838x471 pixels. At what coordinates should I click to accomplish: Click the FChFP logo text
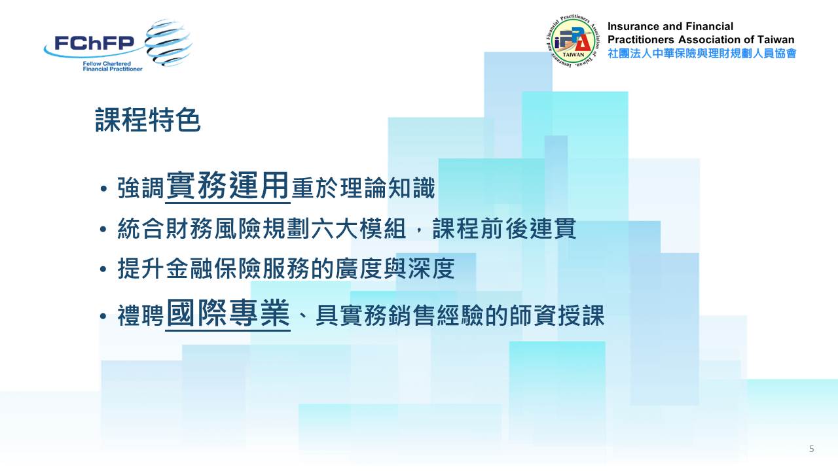click(x=94, y=43)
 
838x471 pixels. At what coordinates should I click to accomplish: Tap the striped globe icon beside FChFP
click(x=168, y=43)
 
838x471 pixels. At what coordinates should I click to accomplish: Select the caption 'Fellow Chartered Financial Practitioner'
click(x=113, y=66)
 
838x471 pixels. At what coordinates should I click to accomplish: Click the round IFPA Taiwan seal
click(x=573, y=41)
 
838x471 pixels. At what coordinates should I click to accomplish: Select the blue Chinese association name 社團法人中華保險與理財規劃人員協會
click(x=702, y=54)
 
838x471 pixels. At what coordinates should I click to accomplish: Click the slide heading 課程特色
click(x=148, y=120)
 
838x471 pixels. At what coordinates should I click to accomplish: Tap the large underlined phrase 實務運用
click(x=227, y=186)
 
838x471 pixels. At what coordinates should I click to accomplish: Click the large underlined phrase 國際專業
click(x=228, y=313)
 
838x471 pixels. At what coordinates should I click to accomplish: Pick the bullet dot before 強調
click(x=103, y=189)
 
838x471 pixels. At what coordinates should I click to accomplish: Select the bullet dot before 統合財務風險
click(x=103, y=229)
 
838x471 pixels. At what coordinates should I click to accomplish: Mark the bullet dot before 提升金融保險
click(x=103, y=269)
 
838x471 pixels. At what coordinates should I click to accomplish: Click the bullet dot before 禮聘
click(x=103, y=316)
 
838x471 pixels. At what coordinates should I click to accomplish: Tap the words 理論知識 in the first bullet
click(x=388, y=188)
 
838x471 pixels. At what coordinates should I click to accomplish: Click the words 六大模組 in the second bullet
click(x=358, y=228)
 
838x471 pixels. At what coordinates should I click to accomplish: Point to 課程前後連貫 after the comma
click(x=504, y=228)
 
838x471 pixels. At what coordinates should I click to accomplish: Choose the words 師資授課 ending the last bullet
click(x=556, y=315)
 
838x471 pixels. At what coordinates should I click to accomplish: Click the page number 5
click(x=811, y=449)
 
